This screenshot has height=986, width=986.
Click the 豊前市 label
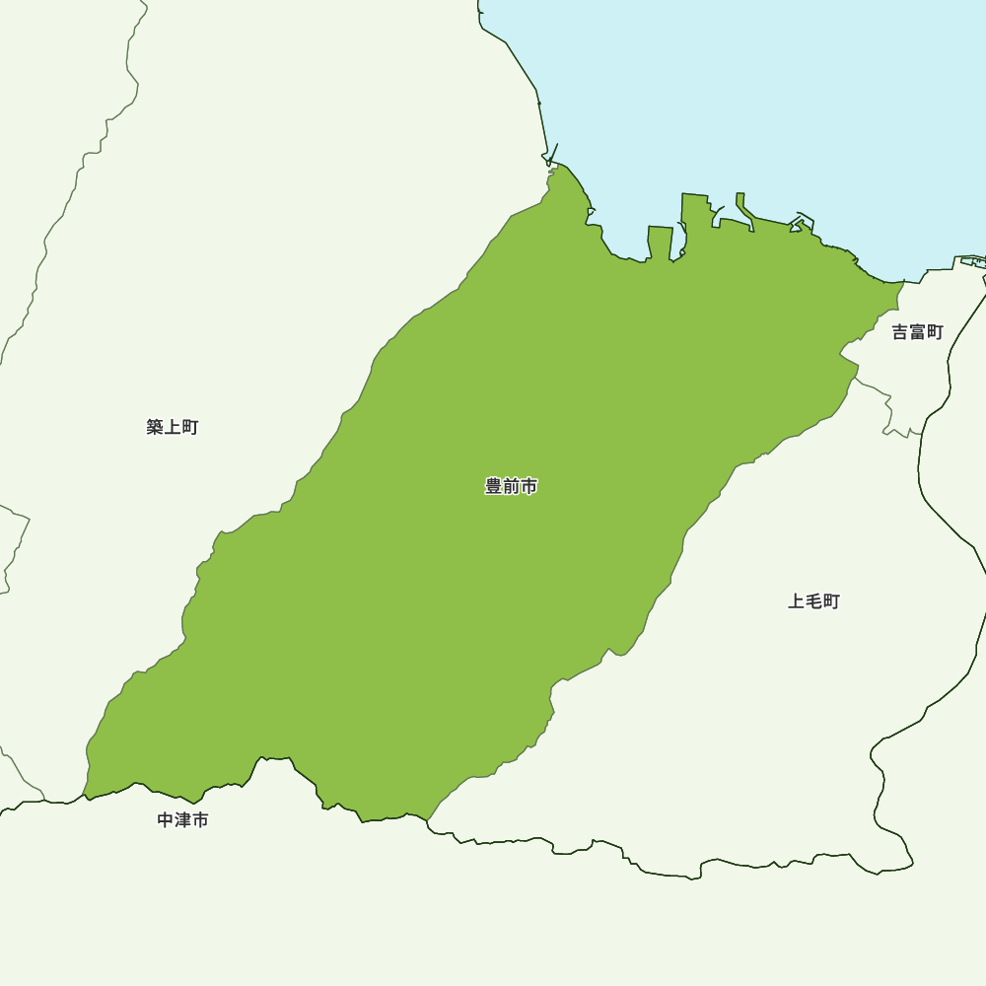click(x=511, y=486)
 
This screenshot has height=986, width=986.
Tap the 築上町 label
click(x=173, y=427)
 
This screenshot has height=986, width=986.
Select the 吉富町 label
click(x=918, y=332)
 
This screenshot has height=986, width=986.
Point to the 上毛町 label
click(x=814, y=601)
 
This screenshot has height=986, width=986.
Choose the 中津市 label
click(x=183, y=820)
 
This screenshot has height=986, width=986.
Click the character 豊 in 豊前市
click(x=494, y=486)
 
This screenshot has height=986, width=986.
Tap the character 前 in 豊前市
click(x=511, y=486)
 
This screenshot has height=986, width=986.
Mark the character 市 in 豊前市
click(x=528, y=486)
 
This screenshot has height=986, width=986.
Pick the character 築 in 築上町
click(x=155, y=427)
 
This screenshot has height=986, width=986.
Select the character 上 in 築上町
click(x=173, y=427)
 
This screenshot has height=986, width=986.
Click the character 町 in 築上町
click(x=190, y=427)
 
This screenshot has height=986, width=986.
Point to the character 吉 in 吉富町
click(x=900, y=332)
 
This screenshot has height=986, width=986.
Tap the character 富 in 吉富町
click(x=918, y=332)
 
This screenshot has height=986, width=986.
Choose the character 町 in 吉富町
click(x=936, y=332)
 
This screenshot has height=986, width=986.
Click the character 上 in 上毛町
click(x=797, y=601)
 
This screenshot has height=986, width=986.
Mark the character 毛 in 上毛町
click(x=814, y=601)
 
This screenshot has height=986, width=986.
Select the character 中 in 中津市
click(x=166, y=820)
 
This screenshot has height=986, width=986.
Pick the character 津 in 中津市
click(x=183, y=820)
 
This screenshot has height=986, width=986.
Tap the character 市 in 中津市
click(x=201, y=820)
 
